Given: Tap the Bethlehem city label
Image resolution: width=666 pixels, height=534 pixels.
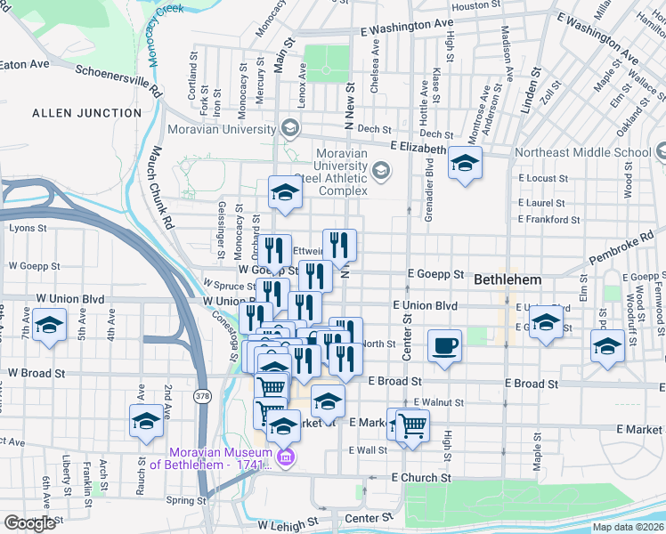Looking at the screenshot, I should (507, 279).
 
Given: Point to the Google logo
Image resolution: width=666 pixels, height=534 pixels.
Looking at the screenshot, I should (29, 523).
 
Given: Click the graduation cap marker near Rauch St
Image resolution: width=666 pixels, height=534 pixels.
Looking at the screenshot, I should (146, 420).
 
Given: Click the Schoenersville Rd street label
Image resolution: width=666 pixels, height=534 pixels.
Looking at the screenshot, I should (118, 80).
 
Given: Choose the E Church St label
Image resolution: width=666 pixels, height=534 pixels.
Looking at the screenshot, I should (421, 478).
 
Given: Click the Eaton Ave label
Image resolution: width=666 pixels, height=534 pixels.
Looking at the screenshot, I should (24, 64).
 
